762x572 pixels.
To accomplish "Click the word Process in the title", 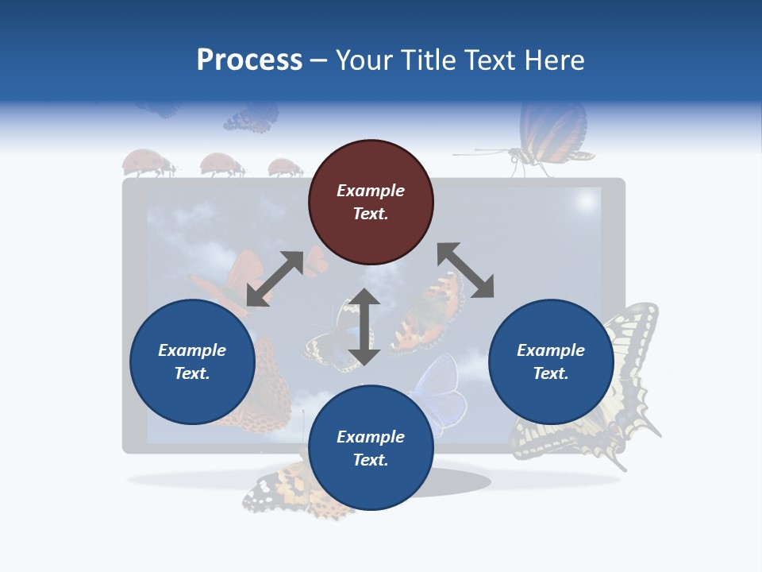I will [x=249, y=60].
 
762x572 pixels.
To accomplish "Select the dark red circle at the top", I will [x=371, y=203].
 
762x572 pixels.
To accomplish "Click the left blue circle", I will [x=192, y=362].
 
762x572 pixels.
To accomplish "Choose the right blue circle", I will [x=551, y=362].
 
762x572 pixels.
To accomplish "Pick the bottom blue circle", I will [x=371, y=448].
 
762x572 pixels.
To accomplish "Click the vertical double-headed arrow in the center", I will [x=364, y=327].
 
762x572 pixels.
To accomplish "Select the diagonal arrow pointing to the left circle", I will [x=275, y=279].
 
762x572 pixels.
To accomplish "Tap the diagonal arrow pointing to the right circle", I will [x=465, y=271].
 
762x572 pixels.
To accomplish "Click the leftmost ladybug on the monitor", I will [x=148, y=164].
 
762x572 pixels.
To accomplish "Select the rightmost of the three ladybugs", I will [x=284, y=168].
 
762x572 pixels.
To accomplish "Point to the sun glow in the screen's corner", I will [x=587, y=202].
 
